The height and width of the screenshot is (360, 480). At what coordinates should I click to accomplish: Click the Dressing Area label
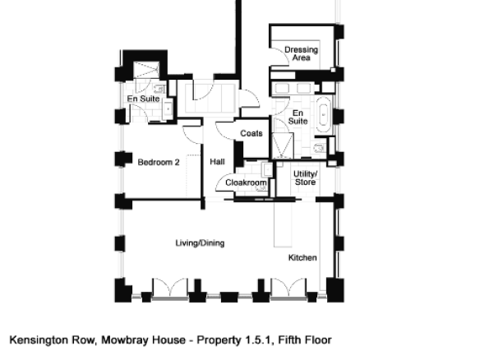point(301,53)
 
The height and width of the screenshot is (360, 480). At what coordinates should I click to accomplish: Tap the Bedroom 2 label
point(159,162)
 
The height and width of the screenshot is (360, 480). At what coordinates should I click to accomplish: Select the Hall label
point(217,162)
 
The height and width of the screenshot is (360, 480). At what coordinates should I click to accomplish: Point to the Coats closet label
point(252,133)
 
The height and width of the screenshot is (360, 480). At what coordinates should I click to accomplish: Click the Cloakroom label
point(246,182)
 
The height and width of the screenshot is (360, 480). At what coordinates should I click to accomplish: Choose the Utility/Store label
point(305,178)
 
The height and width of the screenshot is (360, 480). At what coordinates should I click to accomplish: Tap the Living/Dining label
point(200,243)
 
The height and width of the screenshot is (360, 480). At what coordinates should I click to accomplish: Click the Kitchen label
point(302,258)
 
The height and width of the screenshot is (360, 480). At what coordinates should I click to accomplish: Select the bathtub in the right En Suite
point(324,115)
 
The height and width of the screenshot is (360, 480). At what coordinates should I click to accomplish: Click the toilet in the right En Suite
point(319,149)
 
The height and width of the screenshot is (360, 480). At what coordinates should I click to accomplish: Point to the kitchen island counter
point(283,224)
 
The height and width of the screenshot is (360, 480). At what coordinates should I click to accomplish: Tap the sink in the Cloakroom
point(267,169)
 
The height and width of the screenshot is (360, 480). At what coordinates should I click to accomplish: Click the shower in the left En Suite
point(146,70)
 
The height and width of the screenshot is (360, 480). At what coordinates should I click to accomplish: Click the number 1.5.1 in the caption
point(259,340)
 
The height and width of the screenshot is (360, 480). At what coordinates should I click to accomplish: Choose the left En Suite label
point(144,99)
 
